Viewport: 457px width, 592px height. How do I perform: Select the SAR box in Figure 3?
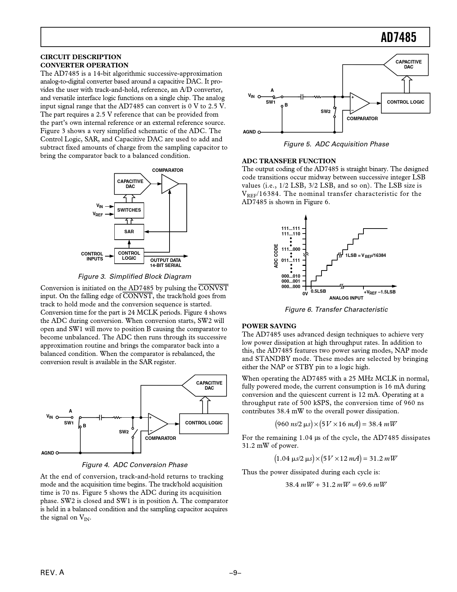[x=129, y=232]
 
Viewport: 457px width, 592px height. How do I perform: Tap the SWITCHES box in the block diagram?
[x=129, y=210]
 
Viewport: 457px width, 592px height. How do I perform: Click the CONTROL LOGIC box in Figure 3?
[x=129, y=256]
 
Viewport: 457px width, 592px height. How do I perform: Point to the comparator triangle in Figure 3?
[x=170, y=184]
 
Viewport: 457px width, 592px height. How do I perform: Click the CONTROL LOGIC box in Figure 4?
[x=204, y=423]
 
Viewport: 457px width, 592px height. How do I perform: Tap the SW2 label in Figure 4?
[x=124, y=432]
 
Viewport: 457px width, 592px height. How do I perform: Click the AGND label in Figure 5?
[x=249, y=132]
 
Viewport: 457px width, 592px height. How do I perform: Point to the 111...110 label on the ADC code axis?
[x=291, y=234]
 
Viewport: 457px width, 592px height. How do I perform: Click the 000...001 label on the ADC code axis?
[x=291, y=282]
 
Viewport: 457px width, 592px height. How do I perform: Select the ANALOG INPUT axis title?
[x=346, y=298]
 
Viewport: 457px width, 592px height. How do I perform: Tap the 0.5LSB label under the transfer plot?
[x=318, y=291]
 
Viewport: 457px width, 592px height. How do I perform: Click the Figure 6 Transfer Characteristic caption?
[x=336, y=310]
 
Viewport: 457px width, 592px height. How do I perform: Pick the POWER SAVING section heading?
[x=269, y=326]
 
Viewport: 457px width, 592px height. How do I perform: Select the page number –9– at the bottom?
[x=235, y=573]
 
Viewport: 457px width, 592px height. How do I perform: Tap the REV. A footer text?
[x=52, y=573]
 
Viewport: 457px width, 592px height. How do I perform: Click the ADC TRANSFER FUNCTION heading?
[x=289, y=161]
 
